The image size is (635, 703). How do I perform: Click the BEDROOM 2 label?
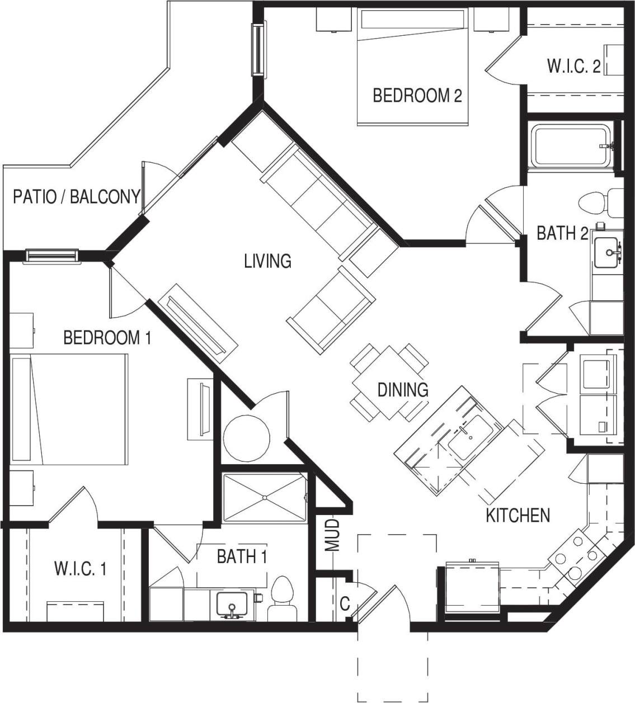pos(417,96)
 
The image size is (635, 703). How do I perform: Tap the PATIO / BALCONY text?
pos(76,197)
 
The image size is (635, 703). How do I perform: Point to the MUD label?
pos(333,535)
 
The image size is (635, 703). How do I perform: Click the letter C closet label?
pos(345,604)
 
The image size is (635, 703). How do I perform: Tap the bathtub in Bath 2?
pos(571,146)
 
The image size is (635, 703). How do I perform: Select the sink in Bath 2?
pos(608,253)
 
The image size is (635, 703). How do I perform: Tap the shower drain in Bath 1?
pos(264,498)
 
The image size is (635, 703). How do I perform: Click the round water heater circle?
pos(246,438)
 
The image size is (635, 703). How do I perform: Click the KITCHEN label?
pos(518,515)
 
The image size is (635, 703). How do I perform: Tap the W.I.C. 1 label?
pos(80,569)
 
